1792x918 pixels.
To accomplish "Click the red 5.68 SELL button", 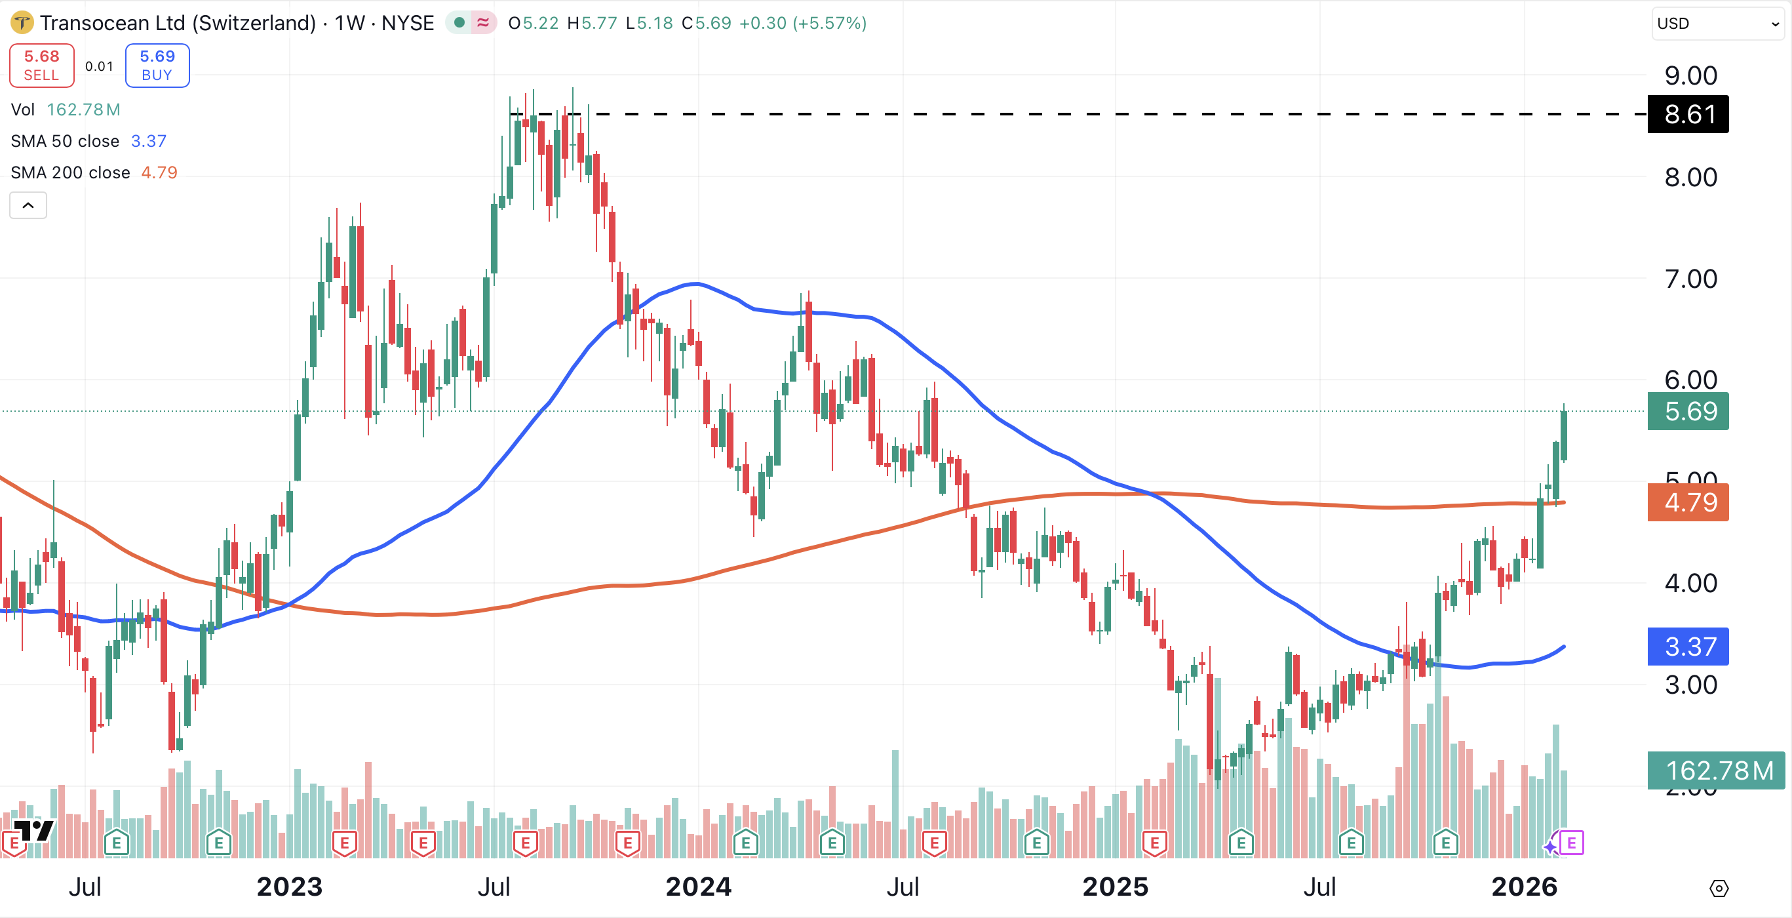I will click(42, 66).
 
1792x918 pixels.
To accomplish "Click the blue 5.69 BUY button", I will click(157, 66).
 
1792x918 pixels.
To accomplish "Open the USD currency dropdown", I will click(1717, 24).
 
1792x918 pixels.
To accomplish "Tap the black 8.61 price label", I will click(1688, 114).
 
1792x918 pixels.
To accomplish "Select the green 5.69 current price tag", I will click(1688, 411).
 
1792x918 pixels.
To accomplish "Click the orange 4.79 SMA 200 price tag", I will click(1688, 502).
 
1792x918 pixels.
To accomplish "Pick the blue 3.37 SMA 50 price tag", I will click(1688, 647).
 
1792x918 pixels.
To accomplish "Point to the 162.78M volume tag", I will click(1716, 770).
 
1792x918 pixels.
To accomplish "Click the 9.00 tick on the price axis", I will click(1690, 76).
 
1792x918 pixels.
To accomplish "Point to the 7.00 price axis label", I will click(1690, 279).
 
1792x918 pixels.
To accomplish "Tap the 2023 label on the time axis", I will click(290, 887).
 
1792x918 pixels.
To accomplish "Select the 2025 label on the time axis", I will click(1115, 887).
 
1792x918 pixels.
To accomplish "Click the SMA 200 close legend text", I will click(70, 172).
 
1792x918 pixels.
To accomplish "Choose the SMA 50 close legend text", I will click(65, 141).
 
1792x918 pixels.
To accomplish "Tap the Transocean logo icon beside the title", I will click(22, 23).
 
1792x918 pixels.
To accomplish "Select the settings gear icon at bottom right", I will click(1719, 888).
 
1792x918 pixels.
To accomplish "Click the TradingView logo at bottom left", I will click(33, 830).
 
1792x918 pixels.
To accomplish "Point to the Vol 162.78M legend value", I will click(83, 110).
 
